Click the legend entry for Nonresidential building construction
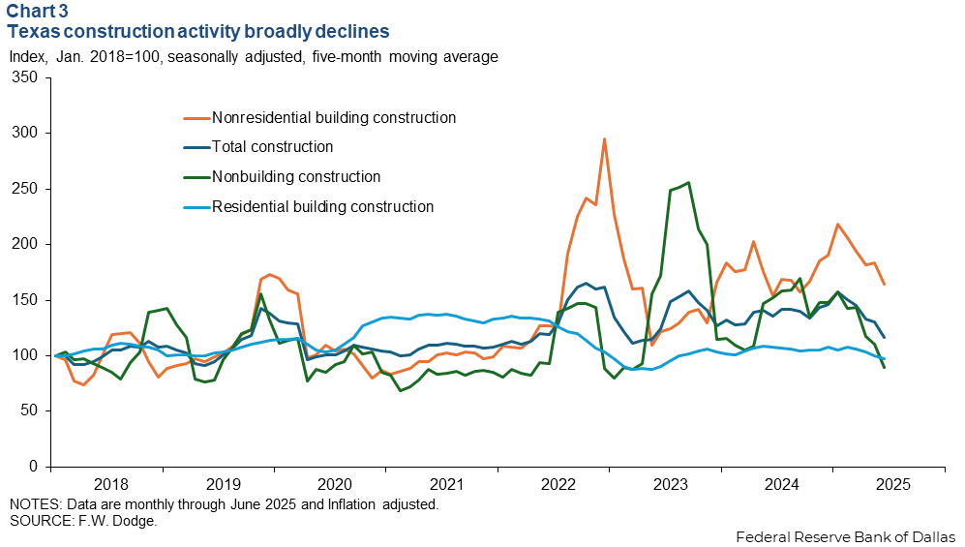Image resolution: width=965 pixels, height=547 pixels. [334, 118]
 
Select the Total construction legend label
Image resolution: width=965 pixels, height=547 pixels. [273, 147]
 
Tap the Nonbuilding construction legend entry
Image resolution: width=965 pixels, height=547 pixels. [296, 177]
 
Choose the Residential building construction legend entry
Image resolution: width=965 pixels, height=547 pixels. [322, 206]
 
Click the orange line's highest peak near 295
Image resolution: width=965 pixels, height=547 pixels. [604, 138]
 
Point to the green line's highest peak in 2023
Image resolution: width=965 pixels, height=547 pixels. [688, 182]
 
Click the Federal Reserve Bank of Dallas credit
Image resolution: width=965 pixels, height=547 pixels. [846, 536]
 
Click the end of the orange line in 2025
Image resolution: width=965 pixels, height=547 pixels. [884, 284]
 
